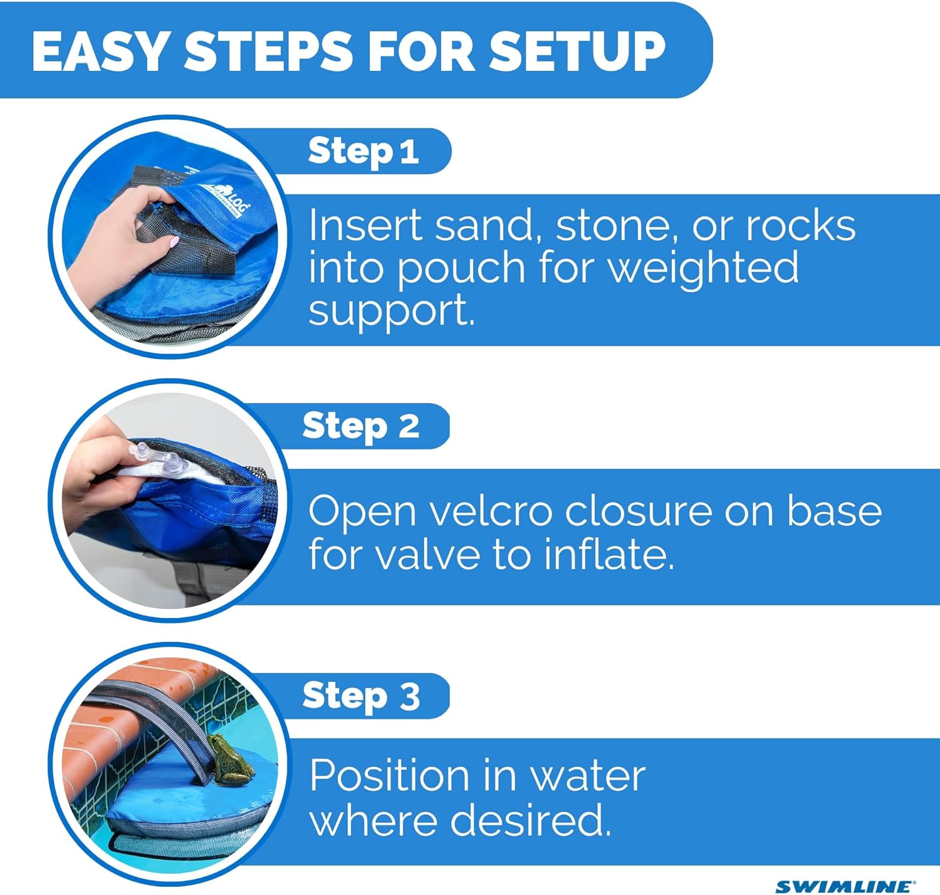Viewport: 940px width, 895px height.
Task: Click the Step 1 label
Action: pyautogui.click(x=363, y=152)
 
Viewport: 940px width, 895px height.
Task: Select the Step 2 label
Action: pyautogui.click(x=360, y=427)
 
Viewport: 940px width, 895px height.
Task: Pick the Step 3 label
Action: pyautogui.click(x=360, y=696)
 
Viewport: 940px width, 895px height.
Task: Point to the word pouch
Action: pyautogui.click(x=461, y=269)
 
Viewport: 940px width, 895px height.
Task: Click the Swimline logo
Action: pyautogui.click(x=845, y=886)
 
